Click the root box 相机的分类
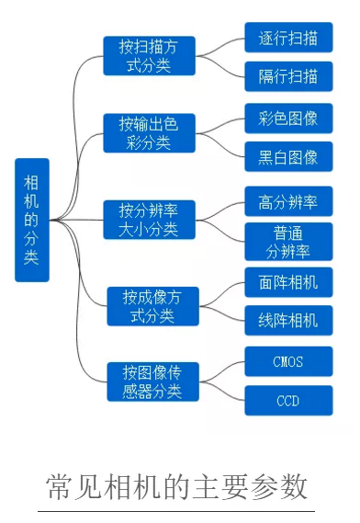point(31,220)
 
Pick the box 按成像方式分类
point(152,306)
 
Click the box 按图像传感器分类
point(152,381)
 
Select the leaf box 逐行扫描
point(287,38)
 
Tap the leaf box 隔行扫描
point(287,76)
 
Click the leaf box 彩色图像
point(287,118)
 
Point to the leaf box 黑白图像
point(287,157)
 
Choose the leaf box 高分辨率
point(287,199)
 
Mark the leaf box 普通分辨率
point(287,241)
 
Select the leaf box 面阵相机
point(287,282)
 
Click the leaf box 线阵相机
point(287,320)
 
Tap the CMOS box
point(287,361)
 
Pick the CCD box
point(287,401)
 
